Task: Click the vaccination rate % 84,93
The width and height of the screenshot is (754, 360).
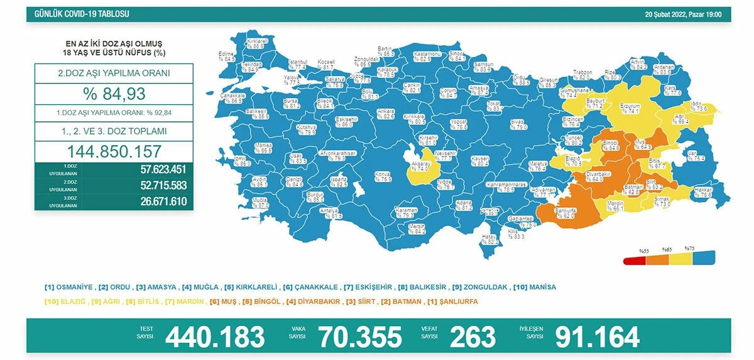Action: click(x=114, y=94)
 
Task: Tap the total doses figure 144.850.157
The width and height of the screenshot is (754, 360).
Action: click(x=114, y=151)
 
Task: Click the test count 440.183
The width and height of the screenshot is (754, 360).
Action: click(x=214, y=337)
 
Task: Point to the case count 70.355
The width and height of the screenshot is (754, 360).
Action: click(x=359, y=337)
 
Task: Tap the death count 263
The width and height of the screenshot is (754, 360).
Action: click(x=473, y=337)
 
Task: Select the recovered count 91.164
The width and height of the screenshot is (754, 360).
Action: click(x=597, y=337)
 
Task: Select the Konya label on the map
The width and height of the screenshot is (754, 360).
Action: click(x=383, y=175)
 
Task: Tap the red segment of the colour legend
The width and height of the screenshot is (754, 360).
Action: click(x=634, y=261)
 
